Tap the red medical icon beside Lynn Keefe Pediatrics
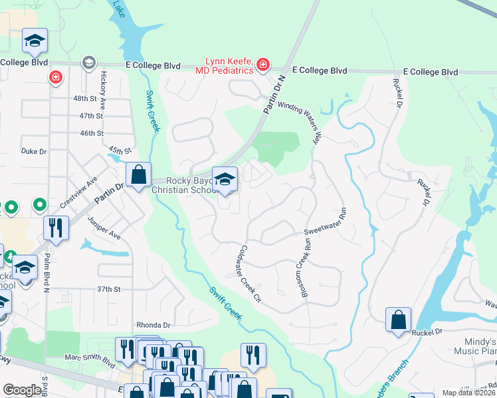click(263, 64)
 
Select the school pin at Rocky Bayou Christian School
click(225, 179)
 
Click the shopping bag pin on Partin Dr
click(138, 176)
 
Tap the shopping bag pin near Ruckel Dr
click(398, 320)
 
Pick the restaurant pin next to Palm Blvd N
click(56, 228)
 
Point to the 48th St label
click(85, 98)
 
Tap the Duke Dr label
click(34, 151)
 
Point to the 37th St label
click(108, 289)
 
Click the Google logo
click(22, 391)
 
